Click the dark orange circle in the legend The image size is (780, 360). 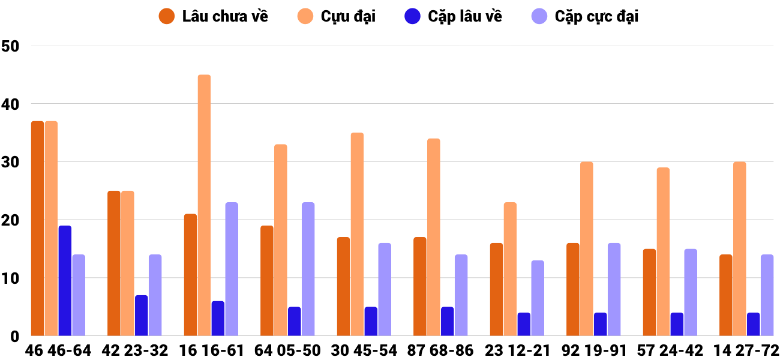tap(167, 16)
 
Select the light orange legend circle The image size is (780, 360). tap(305, 16)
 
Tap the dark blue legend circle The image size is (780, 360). tap(412, 16)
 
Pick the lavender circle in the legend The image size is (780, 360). tap(539, 16)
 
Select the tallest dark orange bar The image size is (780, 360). tap(37, 229)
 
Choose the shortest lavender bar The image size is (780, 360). tap(538, 298)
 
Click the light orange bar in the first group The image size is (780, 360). tap(51, 229)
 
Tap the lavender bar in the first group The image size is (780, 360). tap(79, 295)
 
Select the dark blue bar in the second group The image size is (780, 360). tap(141, 316)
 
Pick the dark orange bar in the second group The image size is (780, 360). tap(114, 263)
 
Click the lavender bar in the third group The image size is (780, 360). tap(232, 269)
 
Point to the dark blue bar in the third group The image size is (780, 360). tap(218, 319)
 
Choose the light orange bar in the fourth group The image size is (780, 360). tap(281, 240)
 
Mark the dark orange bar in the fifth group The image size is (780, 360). tap(343, 287)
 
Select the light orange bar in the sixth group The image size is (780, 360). tap(434, 237)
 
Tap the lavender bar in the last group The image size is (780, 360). tap(767, 295)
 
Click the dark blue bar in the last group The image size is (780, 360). tap(753, 325)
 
